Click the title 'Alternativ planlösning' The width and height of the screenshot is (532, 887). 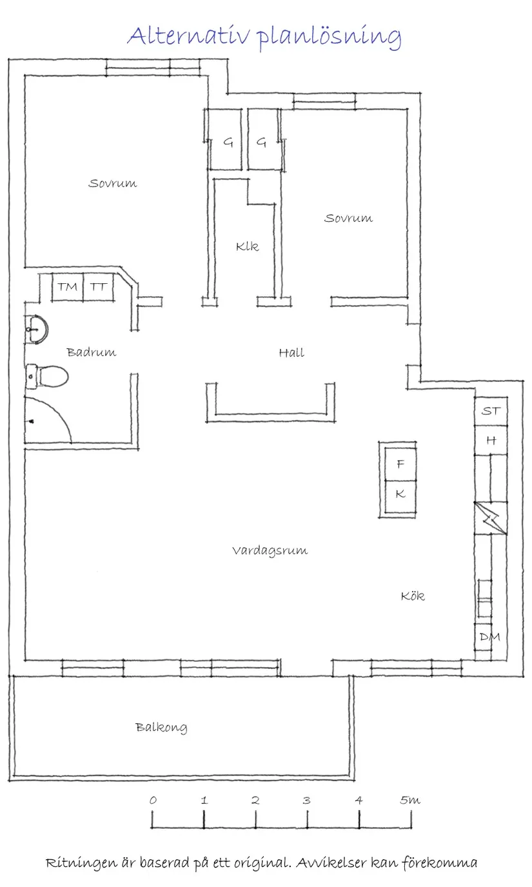[x=264, y=36]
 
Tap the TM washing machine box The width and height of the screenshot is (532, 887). [x=67, y=287]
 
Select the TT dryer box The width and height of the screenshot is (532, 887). [x=99, y=287]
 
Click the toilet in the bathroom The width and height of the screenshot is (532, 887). [x=46, y=376]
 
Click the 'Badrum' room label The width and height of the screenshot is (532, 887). [x=92, y=352]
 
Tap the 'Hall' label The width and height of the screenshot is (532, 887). [x=291, y=352]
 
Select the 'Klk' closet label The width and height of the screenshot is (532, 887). [x=247, y=246]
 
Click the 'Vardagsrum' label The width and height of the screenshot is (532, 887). [x=270, y=550]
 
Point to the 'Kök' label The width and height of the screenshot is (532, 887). [x=413, y=596]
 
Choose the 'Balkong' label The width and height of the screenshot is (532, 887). [x=161, y=728]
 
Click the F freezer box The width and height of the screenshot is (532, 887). [x=400, y=464]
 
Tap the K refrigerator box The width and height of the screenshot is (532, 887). [x=400, y=494]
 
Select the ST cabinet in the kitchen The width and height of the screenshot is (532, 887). [x=491, y=411]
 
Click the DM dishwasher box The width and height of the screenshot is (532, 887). [x=490, y=637]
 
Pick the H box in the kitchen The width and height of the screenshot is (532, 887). [x=491, y=441]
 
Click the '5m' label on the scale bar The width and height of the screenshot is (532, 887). [x=409, y=800]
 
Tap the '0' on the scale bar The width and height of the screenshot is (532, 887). [x=153, y=800]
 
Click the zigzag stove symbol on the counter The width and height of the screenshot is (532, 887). [x=491, y=517]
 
